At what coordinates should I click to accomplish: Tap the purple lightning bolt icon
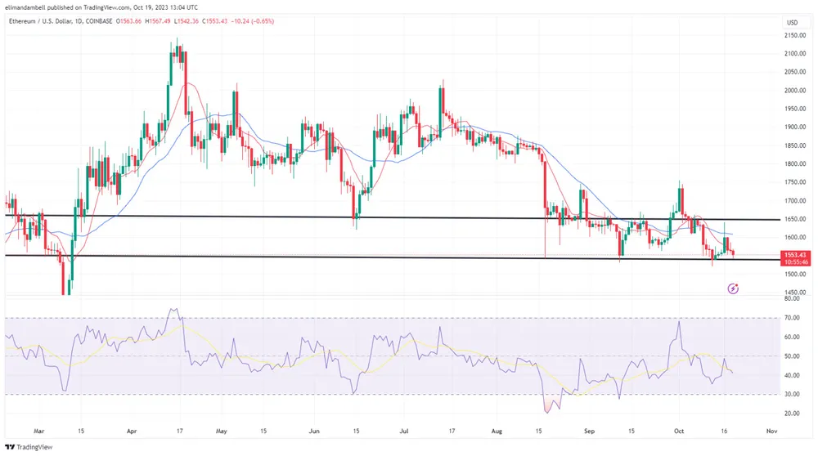(733, 288)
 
